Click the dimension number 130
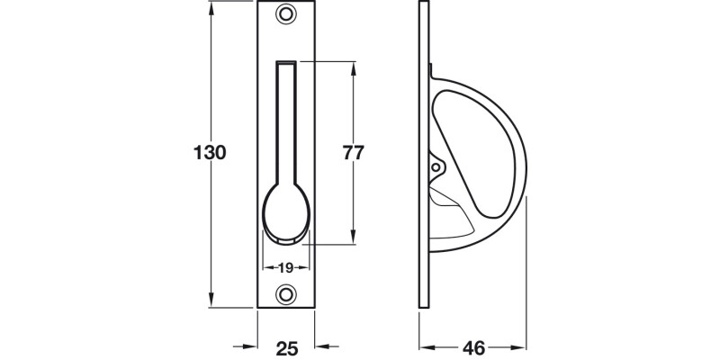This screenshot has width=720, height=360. [x=209, y=152]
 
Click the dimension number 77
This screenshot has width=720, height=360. [x=354, y=152]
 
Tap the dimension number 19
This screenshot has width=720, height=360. [x=286, y=267]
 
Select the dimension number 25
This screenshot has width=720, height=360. [x=286, y=346]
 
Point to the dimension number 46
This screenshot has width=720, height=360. [x=475, y=346]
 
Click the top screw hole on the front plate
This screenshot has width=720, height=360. [x=286, y=14]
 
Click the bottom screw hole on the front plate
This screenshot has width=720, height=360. [x=286, y=293]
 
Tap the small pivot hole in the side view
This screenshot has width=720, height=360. [x=438, y=167]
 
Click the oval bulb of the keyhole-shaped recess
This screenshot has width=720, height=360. [x=286, y=213]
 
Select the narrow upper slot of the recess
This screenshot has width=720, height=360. [x=286, y=117]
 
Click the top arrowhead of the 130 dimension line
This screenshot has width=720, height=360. [x=213, y=8]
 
